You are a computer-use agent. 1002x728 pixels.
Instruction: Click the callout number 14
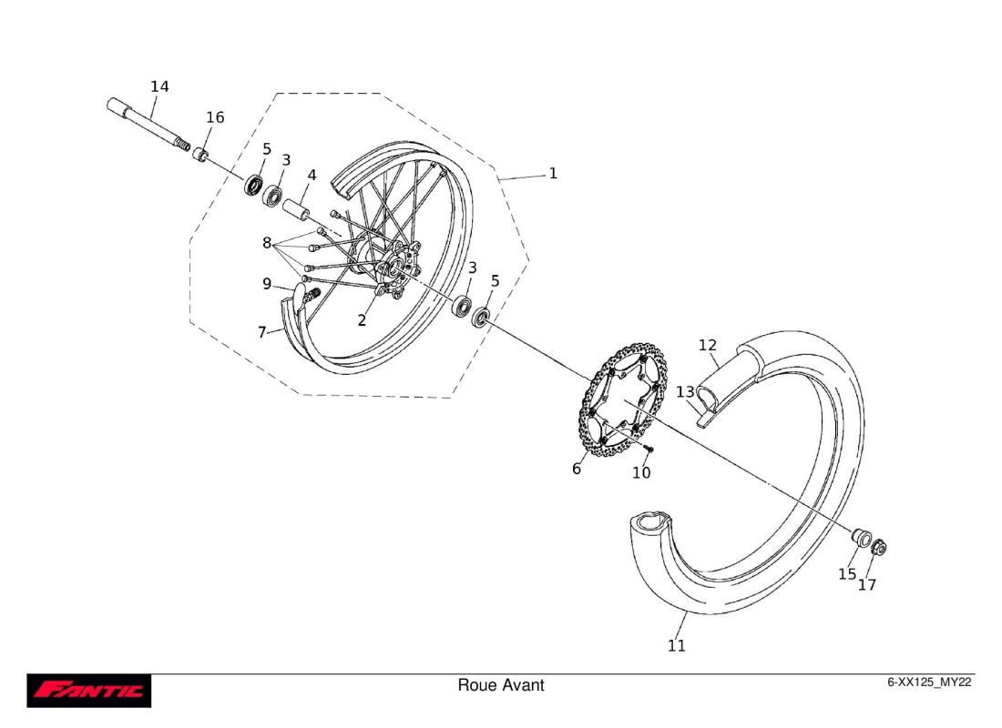[x=159, y=86]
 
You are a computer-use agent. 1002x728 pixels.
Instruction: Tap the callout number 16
[x=215, y=117]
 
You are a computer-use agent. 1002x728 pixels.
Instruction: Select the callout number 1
[x=552, y=173]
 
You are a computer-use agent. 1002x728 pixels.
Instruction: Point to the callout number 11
[x=676, y=646]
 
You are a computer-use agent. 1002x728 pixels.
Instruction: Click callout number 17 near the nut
[x=867, y=585]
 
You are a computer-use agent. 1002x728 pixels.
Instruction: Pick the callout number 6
[x=577, y=470]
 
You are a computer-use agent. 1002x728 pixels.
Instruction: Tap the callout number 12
[x=708, y=345]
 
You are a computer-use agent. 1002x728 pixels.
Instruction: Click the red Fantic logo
[x=89, y=691]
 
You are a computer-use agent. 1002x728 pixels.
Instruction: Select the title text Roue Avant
[x=500, y=685]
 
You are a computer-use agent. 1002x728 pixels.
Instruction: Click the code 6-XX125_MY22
[x=930, y=682]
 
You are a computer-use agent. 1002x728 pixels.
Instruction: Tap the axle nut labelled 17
[x=879, y=549]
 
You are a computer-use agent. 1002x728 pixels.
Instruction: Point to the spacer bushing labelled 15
[x=859, y=535]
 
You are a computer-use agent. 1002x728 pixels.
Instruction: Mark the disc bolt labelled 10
[x=649, y=450]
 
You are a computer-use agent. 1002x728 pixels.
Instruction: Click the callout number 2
[x=362, y=320]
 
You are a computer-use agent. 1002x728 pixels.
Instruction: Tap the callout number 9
[x=267, y=284]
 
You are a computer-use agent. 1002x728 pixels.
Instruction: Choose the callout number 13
[x=685, y=391]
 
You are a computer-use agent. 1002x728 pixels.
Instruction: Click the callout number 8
[x=267, y=243]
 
